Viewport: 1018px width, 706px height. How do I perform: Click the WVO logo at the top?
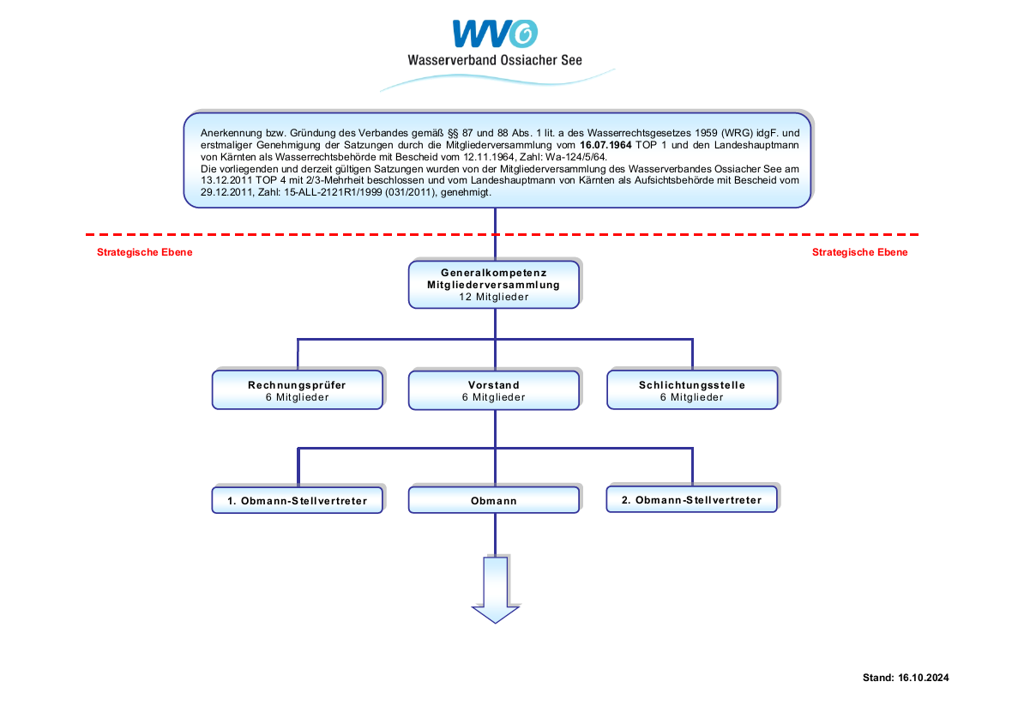[495, 33]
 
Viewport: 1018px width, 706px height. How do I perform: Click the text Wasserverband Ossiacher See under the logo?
[495, 60]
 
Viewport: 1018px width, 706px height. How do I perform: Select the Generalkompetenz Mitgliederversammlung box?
[494, 283]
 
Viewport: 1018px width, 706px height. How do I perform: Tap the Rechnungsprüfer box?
[297, 390]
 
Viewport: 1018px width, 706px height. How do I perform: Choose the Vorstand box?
[494, 390]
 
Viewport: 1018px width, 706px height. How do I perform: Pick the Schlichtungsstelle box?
[691, 390]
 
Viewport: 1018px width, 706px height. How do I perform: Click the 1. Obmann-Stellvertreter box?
[297, 500]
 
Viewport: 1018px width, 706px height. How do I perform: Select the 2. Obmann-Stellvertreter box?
[691, 499]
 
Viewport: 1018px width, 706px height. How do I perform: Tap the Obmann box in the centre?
[494, 500]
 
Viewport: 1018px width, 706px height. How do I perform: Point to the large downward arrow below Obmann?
[496, 588]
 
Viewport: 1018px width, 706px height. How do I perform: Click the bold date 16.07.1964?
[605, 146]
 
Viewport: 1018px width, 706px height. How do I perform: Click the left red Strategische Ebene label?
[145, 252]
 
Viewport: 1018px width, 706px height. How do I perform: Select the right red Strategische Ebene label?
[859, 252]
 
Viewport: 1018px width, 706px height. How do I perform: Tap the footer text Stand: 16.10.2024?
[906, 678]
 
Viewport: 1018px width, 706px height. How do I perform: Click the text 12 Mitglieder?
[494, 297]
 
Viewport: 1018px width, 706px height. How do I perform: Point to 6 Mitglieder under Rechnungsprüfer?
[297, 398]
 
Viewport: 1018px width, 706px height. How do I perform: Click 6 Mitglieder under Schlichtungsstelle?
[691, 398]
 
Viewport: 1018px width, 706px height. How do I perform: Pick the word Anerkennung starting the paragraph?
[229, 134]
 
